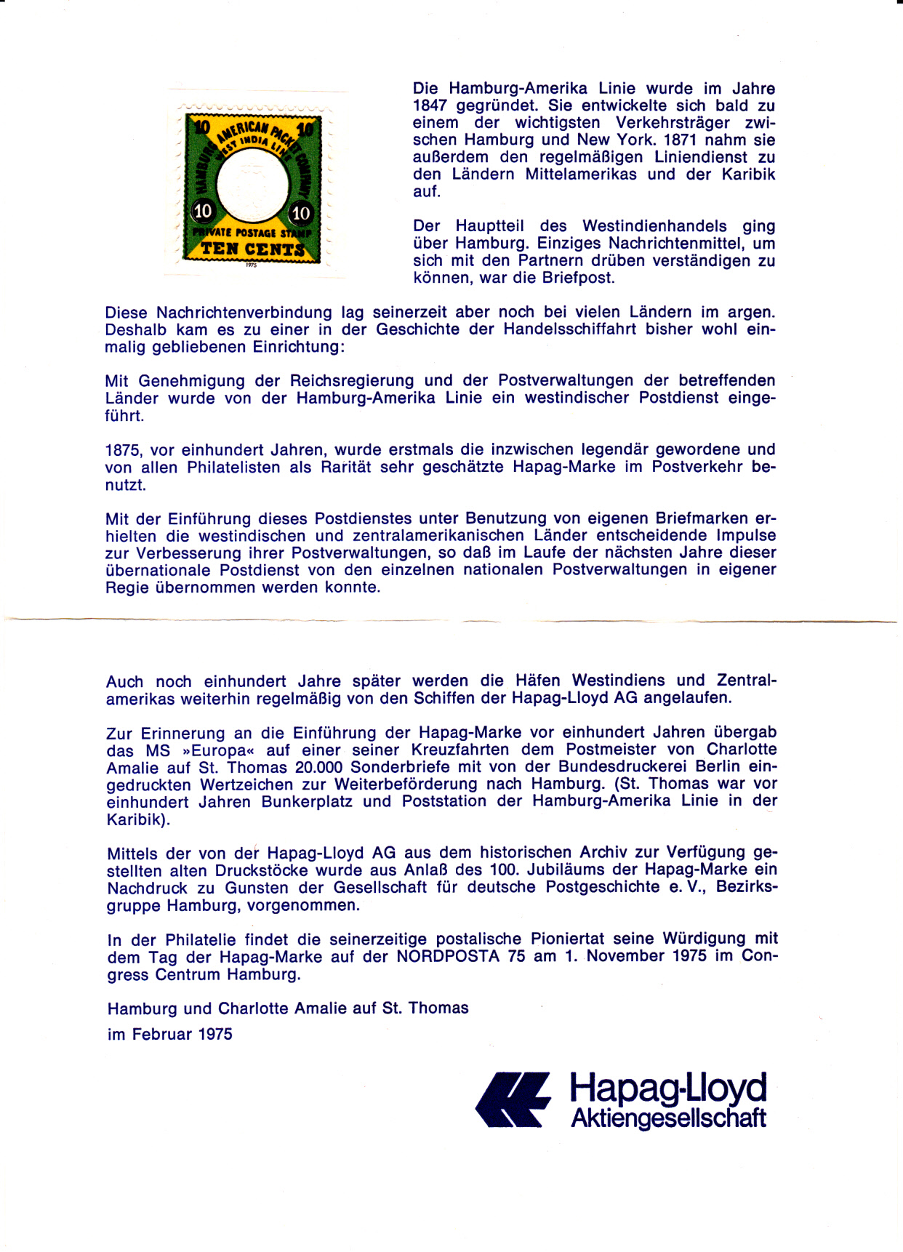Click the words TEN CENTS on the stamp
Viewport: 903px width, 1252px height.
coord(252,249)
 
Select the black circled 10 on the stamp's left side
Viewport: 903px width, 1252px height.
coord(203,211)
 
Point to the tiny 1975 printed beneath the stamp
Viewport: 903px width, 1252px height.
coord(252,265)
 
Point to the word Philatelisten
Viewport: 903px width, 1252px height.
coord(233,468)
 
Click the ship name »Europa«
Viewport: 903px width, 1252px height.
coord(217,750)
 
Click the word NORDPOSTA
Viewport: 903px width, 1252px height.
coord(448,957)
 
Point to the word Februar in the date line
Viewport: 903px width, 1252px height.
coord(163,1035)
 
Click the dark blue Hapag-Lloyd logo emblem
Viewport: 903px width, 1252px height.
coord(513,1100)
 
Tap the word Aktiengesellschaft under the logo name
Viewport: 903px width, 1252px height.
coord(668,1118)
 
